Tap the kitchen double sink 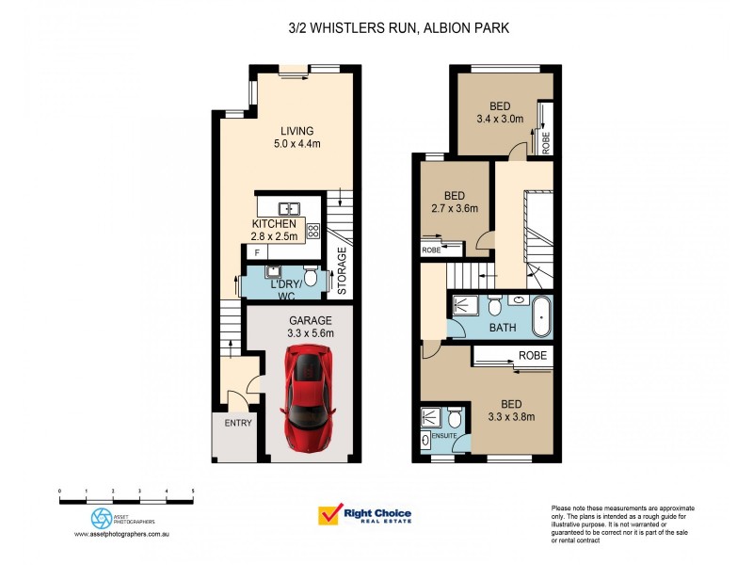288,208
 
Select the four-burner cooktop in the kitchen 313,231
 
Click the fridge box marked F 257,253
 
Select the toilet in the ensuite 455,418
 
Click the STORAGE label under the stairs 342,271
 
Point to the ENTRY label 237,424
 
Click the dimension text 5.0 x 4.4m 296,144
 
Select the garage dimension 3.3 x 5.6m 310,333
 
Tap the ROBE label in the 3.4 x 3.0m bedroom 546,142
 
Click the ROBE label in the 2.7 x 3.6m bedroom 431,250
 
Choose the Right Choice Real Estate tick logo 329,515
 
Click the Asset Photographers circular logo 101,518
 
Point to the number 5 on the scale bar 193,492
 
